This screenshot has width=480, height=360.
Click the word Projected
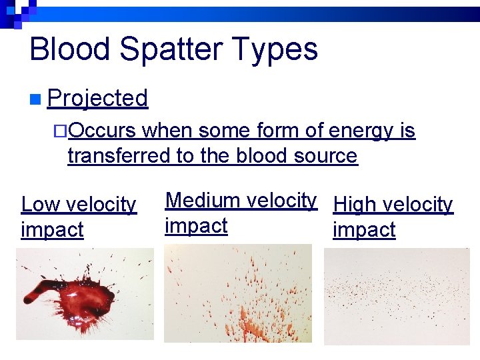pos(98,99)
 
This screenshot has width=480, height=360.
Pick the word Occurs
pos(102,131)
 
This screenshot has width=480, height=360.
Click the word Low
pos(41,204)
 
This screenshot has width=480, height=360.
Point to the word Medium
pos(203,200)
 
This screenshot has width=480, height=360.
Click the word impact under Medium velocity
pos(196,225)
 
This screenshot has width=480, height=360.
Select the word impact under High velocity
pos(364,229)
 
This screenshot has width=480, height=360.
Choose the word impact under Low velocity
pos(52,229)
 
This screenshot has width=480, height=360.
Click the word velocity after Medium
pos(281,200)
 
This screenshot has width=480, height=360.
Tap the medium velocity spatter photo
pos(237,293)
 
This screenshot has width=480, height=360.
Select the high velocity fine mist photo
pos(396,296)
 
